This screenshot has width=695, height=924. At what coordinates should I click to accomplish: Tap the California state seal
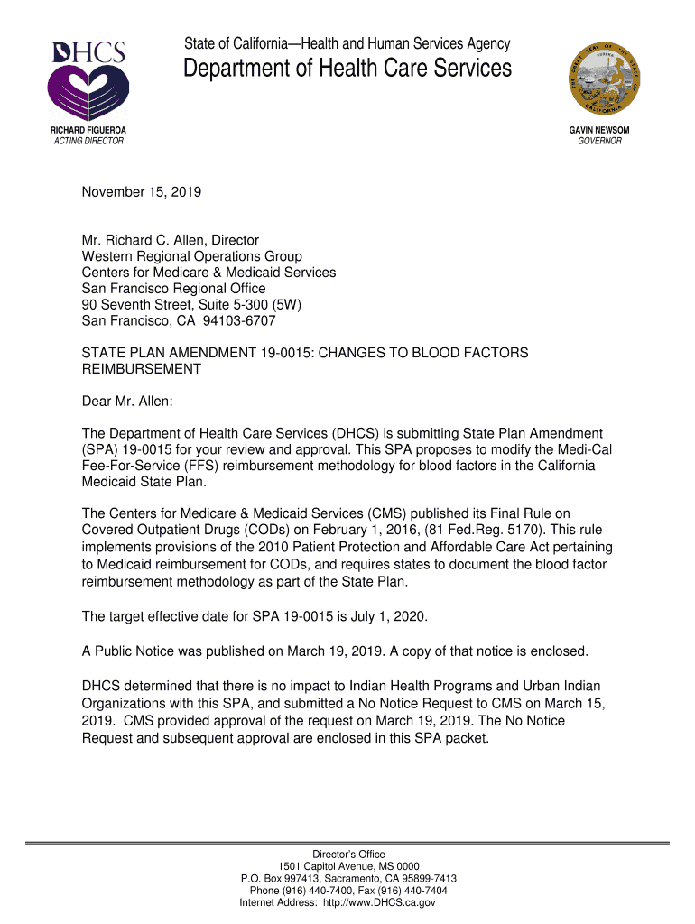point(604,79)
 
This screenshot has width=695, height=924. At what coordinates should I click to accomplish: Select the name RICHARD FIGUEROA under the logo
point(87,130)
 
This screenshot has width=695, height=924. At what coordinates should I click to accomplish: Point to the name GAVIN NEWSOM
point(599,130)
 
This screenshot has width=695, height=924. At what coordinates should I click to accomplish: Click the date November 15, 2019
point(141,192)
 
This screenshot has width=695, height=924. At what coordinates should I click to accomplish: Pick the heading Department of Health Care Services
point(347,69)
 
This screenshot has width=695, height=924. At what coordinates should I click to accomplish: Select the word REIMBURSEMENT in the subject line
point(142,369)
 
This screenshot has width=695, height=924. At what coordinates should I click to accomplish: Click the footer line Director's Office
point(348,855)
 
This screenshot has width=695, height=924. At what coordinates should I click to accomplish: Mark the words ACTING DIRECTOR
point(87,141)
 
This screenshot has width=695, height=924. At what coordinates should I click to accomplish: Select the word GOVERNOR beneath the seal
point(599,141)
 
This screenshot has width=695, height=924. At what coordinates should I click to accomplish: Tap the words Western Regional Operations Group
point(192,256)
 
